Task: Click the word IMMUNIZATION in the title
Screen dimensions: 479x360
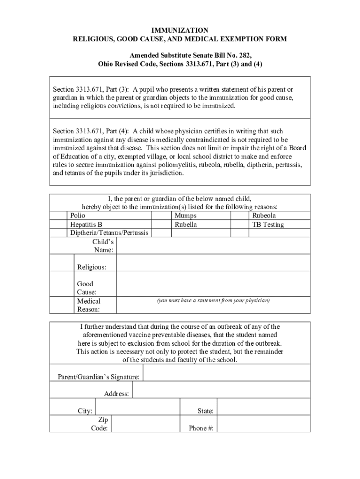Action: point(180,30)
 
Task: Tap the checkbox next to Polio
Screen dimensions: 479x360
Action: point(58,216)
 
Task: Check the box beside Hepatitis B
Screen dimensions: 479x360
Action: point(58,224)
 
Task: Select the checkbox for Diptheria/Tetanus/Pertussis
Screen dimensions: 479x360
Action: point(58,232)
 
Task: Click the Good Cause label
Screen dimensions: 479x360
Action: point(86,288)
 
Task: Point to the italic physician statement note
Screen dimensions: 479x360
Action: point(213,300)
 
